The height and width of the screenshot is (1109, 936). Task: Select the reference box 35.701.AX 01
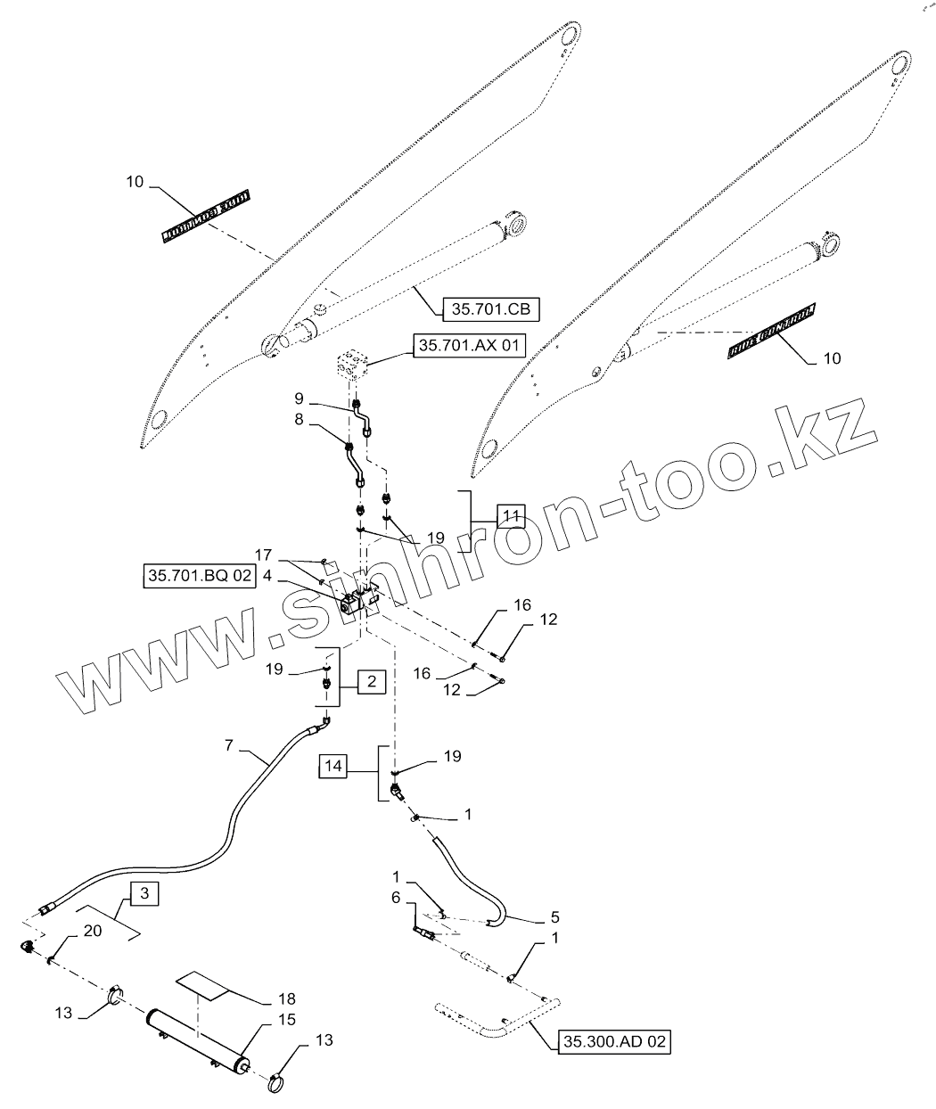pyautogui.click(x=469, y=345)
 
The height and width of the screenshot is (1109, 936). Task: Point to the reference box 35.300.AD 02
pyautogui.click(x=614, y=1042)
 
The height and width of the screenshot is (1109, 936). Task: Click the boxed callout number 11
pyautogui.click(x=510, y=516)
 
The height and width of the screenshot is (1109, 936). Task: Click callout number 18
pyautogui.click(x=285, y=999)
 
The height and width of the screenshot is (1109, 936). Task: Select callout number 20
pyautogui.click(x=92, y=930)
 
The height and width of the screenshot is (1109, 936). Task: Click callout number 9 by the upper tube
pyautogui.click(x=300, y=397)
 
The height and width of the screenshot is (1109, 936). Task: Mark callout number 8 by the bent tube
pyautogui.click(x=300, y=417)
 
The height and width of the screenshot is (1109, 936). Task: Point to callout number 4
pyautogui.click(x=267, y=576)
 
